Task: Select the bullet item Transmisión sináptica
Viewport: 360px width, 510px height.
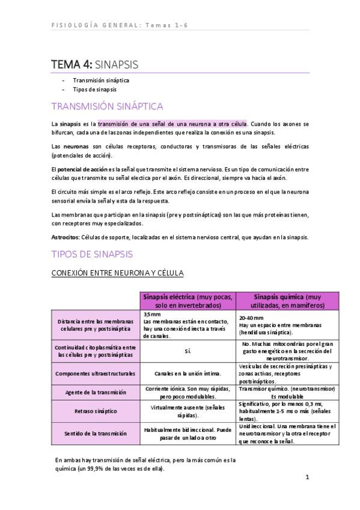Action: click(x=101, y=80)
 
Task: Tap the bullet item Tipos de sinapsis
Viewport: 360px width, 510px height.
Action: click(x=95, y=89)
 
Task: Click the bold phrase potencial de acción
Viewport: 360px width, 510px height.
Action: click(x=82, y=169)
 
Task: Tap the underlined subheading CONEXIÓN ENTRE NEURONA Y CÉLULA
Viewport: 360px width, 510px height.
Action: click(x=118, y=273)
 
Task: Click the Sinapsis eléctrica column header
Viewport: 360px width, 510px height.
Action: click(x=189, y=301)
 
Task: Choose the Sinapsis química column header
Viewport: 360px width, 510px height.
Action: click(x=288, y=301)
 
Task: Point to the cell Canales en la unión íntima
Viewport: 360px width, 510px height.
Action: click(x=189, y=373)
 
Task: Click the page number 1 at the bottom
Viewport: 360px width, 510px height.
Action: click(x=307, y=478)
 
